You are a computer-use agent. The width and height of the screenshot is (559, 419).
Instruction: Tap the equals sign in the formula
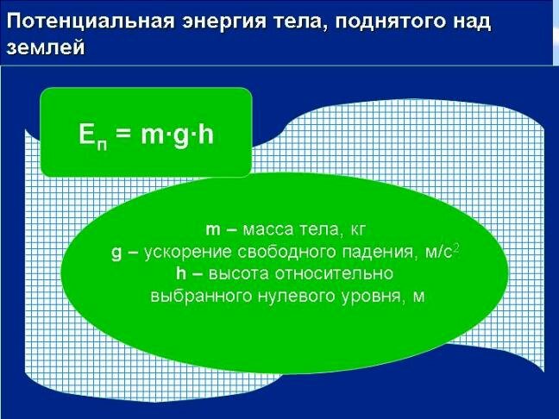pos(124,134)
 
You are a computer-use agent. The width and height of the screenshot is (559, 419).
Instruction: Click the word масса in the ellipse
pos(267,230)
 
